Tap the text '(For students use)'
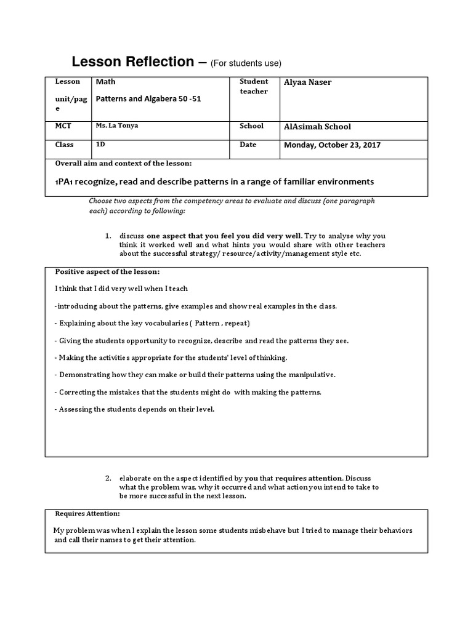tap(246, 63)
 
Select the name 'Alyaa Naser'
tap(307, 82)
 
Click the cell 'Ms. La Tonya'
tap(116, 126)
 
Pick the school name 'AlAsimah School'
tap(317, 126)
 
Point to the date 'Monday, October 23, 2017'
tap(332, 145)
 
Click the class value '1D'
tap(100, 145)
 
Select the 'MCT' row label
tap(63, 126)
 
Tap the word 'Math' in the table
tap(105, 81)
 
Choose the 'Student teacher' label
tap(254, 86)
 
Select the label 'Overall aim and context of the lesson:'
tap(123, 164)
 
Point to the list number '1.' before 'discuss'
tap(107, 236)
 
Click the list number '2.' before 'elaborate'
tap(107, 478)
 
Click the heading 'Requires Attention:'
tap(87, 514)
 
